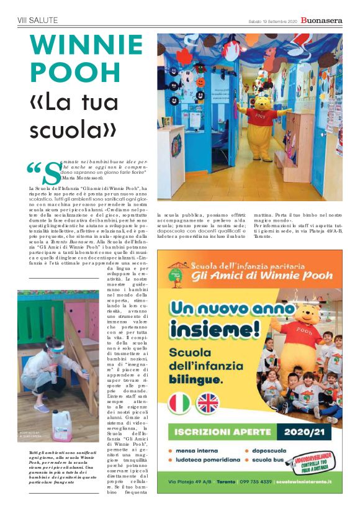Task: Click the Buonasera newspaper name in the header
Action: tap(321, 20)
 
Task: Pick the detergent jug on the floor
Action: tap(61, 425)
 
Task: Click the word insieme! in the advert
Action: tap(215, 328)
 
